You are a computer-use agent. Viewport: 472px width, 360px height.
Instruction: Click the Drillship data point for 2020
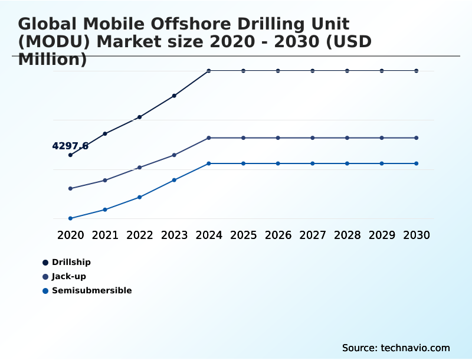click(x=70, y=155)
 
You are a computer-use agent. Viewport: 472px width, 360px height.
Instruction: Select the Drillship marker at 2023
click(x=174, y=96)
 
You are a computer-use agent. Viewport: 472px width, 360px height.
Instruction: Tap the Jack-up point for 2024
click(x=209, y=138)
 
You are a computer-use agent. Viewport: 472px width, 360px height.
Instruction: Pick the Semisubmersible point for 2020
click(x=70, y=218)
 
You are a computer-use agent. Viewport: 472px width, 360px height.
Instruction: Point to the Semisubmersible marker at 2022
click(x=139, y=197)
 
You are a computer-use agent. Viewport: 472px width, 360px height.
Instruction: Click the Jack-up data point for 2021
click(x=105, y=180)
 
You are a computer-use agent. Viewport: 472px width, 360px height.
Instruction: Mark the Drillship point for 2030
click(x=417, y=71)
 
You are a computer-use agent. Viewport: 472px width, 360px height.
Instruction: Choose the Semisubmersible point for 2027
click(x=313, y=163)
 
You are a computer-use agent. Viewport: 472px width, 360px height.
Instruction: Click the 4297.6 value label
click(x=70, y=146)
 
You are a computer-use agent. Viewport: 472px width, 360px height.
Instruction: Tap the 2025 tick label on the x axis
click(x=243, y=235)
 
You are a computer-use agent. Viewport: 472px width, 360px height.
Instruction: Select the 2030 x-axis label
click(x=417, y=235)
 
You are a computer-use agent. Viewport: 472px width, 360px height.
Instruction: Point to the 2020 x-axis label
click(x=70, y=235)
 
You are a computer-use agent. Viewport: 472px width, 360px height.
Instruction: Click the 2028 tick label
click(x=348, y=235)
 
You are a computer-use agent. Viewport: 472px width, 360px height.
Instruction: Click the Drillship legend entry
click(x=71, y=262)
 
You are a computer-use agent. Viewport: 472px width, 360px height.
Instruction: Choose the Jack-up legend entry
click(x=68, y=276)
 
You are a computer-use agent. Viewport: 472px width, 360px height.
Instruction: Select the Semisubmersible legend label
click(x=91, y=290)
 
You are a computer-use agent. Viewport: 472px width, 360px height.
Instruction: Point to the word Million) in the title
click(x=53, y=59)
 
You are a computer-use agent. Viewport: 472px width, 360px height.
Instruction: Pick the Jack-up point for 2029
click(x=382, y=138)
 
